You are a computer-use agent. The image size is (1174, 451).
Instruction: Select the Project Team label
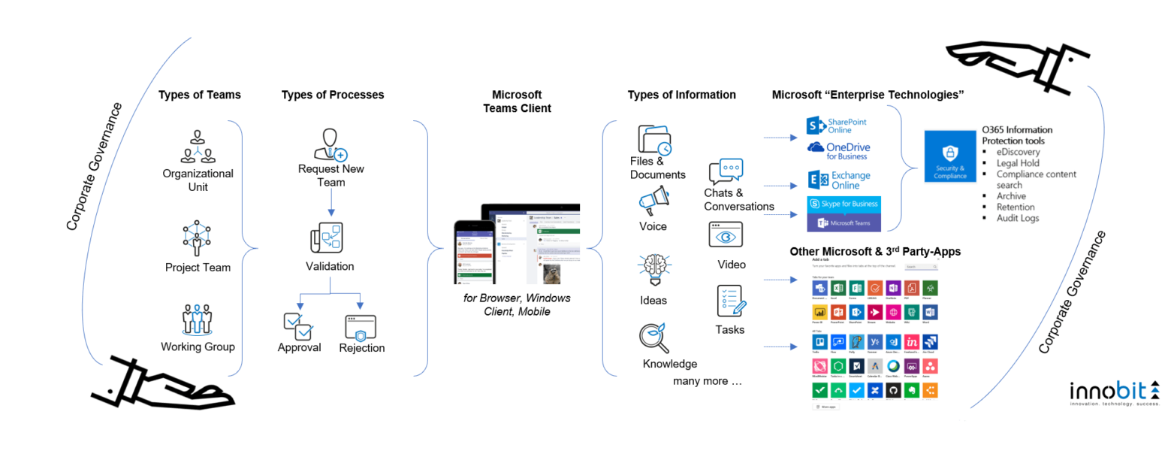tap(198, 268)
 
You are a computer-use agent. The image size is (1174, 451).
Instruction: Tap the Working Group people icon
tap(198, 319)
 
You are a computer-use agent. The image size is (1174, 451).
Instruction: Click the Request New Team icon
tap(330, 144)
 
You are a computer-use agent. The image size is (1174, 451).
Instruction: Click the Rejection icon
tap(361, 327)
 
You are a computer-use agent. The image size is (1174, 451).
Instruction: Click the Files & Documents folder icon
tap(653, 140)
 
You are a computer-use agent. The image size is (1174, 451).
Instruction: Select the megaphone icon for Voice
tap(653, 201)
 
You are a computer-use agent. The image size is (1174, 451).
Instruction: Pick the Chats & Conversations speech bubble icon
tap(725, 171)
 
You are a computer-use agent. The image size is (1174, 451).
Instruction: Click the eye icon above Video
tap(726, 235)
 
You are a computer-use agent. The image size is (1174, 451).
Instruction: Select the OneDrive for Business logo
tap(837, 150)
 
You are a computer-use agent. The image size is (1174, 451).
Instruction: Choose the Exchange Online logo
tap(839, 180)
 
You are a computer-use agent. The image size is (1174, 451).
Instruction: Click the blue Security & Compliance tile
tap(950, 156)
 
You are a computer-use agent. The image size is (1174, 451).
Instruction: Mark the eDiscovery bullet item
tap(1019, 152)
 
